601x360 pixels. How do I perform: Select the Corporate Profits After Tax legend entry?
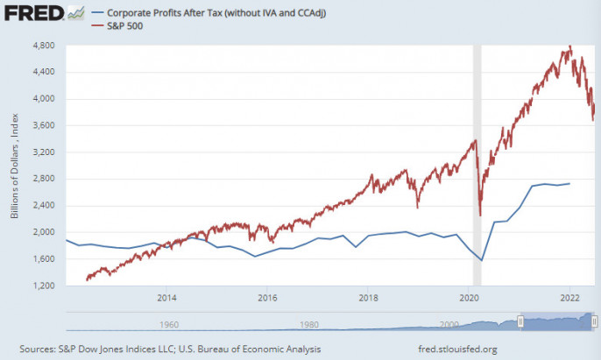point(207,14)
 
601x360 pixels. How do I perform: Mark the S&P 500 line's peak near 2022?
point(570,46)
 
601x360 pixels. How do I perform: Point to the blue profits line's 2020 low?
point(481,260)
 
